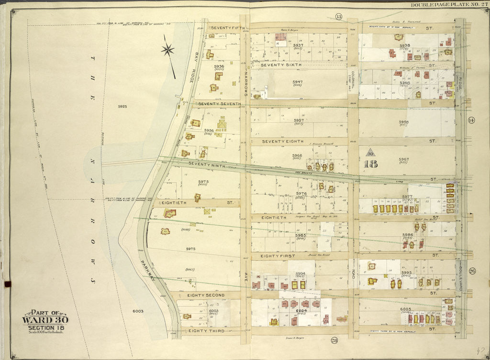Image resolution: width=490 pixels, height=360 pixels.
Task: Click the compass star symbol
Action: point(168,48)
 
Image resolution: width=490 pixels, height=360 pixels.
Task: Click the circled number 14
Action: point(471,120)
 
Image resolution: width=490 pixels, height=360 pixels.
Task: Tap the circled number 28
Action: point(334,340)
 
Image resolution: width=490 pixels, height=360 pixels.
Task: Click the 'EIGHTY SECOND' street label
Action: point(206,295)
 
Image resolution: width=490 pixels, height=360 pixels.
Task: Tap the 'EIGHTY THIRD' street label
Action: point(207,330)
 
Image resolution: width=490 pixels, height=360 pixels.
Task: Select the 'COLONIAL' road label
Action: point(353,75)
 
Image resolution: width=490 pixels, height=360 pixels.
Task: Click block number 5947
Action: point(298,82)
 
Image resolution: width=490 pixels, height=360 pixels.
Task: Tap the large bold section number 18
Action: point(370,164)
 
